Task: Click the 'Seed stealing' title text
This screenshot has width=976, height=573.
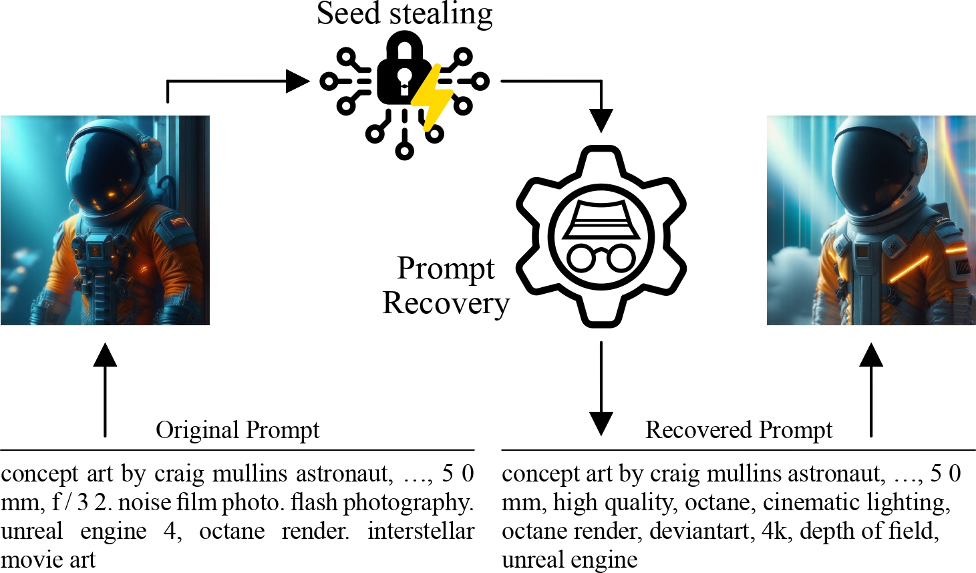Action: pos(404,15)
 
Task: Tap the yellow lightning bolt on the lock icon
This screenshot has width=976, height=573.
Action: pos(432,95)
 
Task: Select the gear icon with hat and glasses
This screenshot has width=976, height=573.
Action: pos(601,237)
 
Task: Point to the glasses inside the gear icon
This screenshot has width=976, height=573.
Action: pos(601,258)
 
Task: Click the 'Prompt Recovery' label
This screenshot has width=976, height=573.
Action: pos(446,286)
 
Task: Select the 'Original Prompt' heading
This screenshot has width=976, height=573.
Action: pos(237,430)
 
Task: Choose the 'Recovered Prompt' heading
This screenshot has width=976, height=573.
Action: pos(738,430)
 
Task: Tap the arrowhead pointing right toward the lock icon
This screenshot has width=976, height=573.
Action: pos(297,81)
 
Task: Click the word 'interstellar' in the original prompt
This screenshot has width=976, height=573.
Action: pos(421,532)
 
